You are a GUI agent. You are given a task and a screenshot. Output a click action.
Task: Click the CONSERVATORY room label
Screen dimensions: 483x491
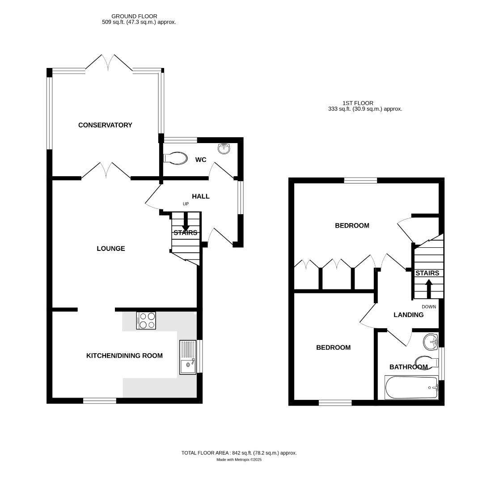(x=105, y=125)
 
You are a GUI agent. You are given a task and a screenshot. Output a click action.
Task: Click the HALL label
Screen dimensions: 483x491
(x=200, y=196)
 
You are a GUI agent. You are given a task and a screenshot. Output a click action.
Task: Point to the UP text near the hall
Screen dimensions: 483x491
(x=186, y=204)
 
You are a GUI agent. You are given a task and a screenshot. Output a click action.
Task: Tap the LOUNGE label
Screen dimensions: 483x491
(x=111, y=249)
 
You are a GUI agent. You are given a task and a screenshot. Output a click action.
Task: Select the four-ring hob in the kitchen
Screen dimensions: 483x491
(x=146, y=320)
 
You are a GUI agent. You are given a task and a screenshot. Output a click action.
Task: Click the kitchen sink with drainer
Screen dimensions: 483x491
(x=188, y=357)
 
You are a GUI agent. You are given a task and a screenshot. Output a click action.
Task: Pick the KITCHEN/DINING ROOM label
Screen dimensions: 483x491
(x=124, y=356)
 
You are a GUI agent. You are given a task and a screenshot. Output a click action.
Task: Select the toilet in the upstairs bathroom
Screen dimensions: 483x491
(x=425, y=360)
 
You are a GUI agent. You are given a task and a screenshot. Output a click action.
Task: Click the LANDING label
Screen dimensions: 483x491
(x=408, y=315)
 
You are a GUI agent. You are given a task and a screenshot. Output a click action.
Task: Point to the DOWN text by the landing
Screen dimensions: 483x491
(x=429, y=307)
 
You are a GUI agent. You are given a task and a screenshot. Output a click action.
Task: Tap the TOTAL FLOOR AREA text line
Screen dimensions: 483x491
(x=239, y=453)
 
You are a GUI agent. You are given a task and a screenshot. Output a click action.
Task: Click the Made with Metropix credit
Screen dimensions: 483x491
(x=239, y=460)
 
